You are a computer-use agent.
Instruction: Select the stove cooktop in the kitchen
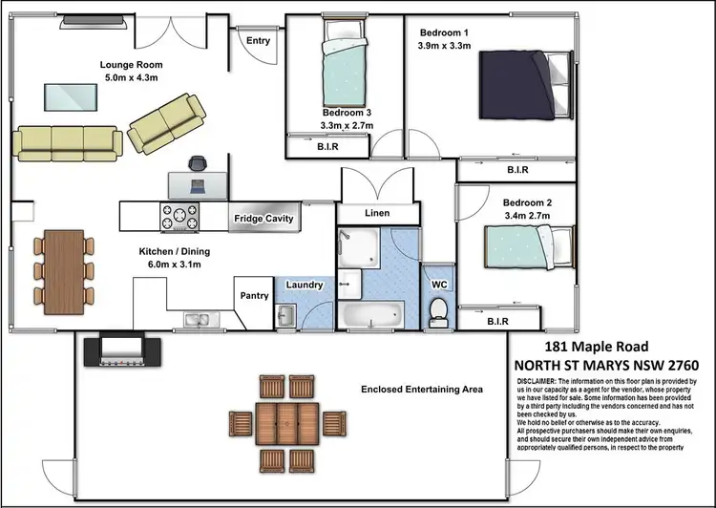[179, 217]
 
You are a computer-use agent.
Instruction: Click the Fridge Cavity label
[265, 219]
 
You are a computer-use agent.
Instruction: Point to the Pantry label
[253, 295]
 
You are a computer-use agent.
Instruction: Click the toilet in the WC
[439, 310]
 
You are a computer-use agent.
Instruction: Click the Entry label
[258, 41]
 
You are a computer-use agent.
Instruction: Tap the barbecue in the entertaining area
[116, 349]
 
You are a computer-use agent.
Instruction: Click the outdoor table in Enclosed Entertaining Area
[287, 420]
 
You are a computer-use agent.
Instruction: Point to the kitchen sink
[199, 319]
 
